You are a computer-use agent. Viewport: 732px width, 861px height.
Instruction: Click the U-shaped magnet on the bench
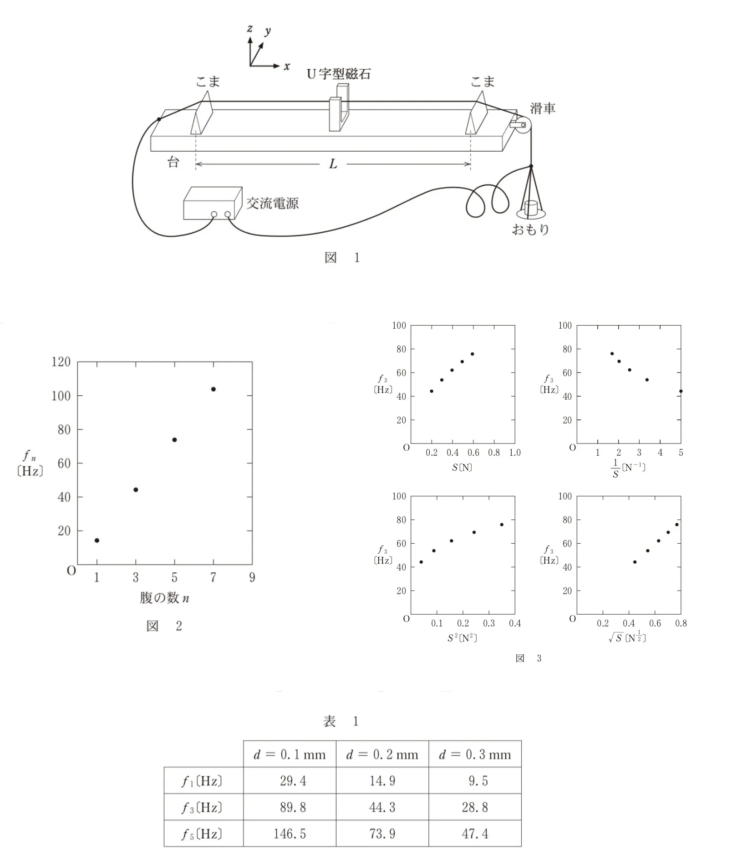338,108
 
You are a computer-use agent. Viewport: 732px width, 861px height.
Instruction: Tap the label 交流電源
272,203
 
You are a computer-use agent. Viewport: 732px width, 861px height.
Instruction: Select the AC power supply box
213,203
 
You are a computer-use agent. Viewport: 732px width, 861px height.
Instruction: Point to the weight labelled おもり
531,209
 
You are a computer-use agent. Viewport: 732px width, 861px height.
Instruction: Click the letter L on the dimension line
333,164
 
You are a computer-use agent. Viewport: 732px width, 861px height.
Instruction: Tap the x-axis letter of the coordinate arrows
287,66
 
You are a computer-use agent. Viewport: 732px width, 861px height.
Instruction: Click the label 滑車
543,108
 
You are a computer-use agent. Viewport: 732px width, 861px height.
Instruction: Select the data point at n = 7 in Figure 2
213,389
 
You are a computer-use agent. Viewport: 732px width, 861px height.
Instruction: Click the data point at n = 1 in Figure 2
97,540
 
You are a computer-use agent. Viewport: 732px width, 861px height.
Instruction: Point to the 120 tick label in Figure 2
61,362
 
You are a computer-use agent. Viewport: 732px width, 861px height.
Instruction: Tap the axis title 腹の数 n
164,598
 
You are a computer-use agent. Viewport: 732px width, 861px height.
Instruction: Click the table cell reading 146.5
290,834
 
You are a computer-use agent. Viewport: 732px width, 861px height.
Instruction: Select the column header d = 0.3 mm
475,754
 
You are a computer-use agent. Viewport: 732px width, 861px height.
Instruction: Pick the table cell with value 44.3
382,807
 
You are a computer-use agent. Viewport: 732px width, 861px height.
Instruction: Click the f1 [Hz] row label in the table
202,781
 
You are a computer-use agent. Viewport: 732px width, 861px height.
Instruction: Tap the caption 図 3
529,658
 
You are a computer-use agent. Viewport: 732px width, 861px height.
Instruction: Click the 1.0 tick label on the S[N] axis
515,453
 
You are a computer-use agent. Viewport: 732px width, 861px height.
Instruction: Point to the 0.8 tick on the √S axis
681,623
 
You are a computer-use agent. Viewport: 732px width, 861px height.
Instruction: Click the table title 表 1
341,721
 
